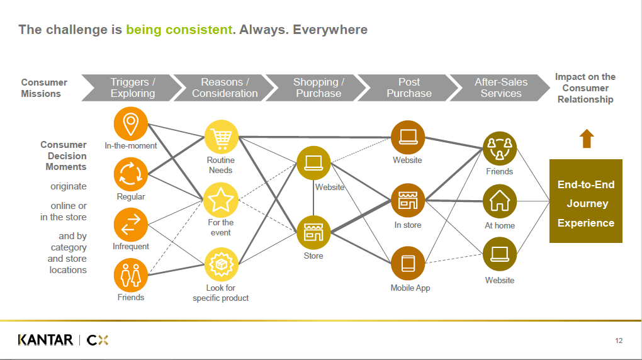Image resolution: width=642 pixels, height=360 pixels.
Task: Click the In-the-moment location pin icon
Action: pos(131,124)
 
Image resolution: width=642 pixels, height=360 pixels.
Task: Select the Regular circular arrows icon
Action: pos(131,174)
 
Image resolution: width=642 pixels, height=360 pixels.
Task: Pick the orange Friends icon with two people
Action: pos(131,276)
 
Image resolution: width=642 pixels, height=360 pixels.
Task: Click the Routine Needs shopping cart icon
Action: pos(221,137)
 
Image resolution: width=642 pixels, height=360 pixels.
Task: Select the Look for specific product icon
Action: pos(221,264)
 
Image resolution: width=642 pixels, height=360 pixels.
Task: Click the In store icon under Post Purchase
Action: pos(408,201)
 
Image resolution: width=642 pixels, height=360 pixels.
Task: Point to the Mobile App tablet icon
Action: pos(408,264)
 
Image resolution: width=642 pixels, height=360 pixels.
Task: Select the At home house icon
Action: pos(500,201)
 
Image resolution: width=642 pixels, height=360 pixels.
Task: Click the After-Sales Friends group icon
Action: pos(500,148)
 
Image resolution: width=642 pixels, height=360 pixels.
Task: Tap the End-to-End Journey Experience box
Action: pos(586,201)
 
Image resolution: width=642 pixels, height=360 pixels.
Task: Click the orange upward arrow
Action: pos(587,138)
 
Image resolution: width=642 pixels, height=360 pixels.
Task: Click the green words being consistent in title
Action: pos(179,30)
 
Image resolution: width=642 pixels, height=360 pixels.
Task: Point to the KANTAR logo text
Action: pos(45,340)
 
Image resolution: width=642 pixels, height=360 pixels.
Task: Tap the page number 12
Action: pos(619,341)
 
